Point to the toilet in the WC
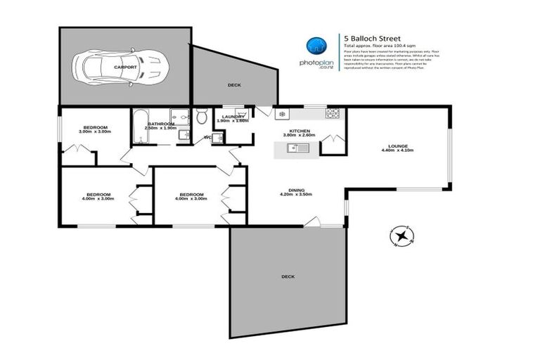click(202, 115)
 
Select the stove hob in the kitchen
click(332, 113)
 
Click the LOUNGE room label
click(399, 146)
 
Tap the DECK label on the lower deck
click(287, 277)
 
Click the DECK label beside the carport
click(233, 84)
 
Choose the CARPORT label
click(125, 67)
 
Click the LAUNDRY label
click(232, 116)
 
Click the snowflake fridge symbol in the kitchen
click(281, 114)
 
